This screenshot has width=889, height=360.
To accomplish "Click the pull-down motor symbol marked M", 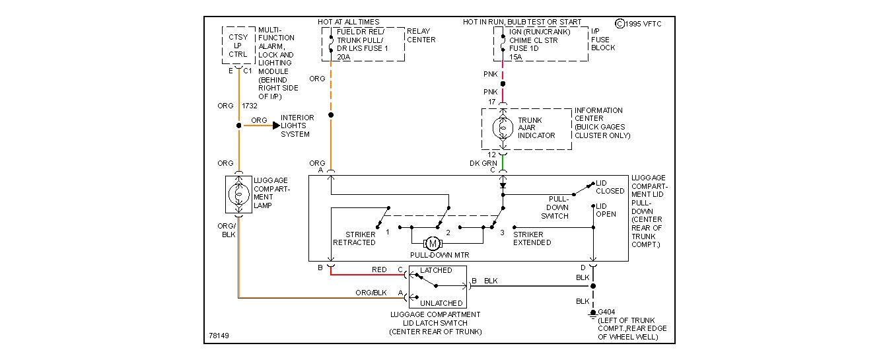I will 433,244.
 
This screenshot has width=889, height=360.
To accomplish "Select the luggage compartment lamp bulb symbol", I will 238,194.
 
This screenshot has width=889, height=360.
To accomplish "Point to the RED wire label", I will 379,270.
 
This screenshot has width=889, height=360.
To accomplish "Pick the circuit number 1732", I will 250,106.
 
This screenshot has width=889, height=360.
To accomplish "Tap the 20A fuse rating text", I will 344,57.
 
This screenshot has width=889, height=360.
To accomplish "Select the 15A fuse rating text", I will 515,57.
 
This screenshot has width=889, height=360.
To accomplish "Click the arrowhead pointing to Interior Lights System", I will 276,125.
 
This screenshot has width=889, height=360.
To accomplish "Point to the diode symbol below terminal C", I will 503,186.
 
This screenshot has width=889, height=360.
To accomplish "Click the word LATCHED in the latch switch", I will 436,270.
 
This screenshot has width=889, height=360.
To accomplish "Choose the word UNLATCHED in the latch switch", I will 441,303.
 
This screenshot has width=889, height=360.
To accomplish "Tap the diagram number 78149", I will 219,336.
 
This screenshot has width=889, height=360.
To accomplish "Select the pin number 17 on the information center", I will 491,102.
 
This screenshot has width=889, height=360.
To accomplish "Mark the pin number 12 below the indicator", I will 491,154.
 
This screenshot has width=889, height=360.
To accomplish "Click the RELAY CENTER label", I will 421,35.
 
